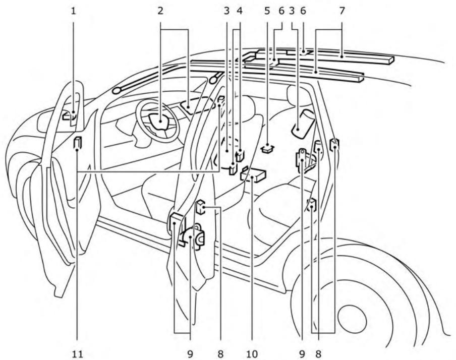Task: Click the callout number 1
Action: (74, 10)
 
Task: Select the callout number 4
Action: (240, 10)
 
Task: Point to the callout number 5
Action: (267, 10)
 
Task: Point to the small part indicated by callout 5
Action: (267, 148)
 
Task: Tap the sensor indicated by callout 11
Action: (77, 144)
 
